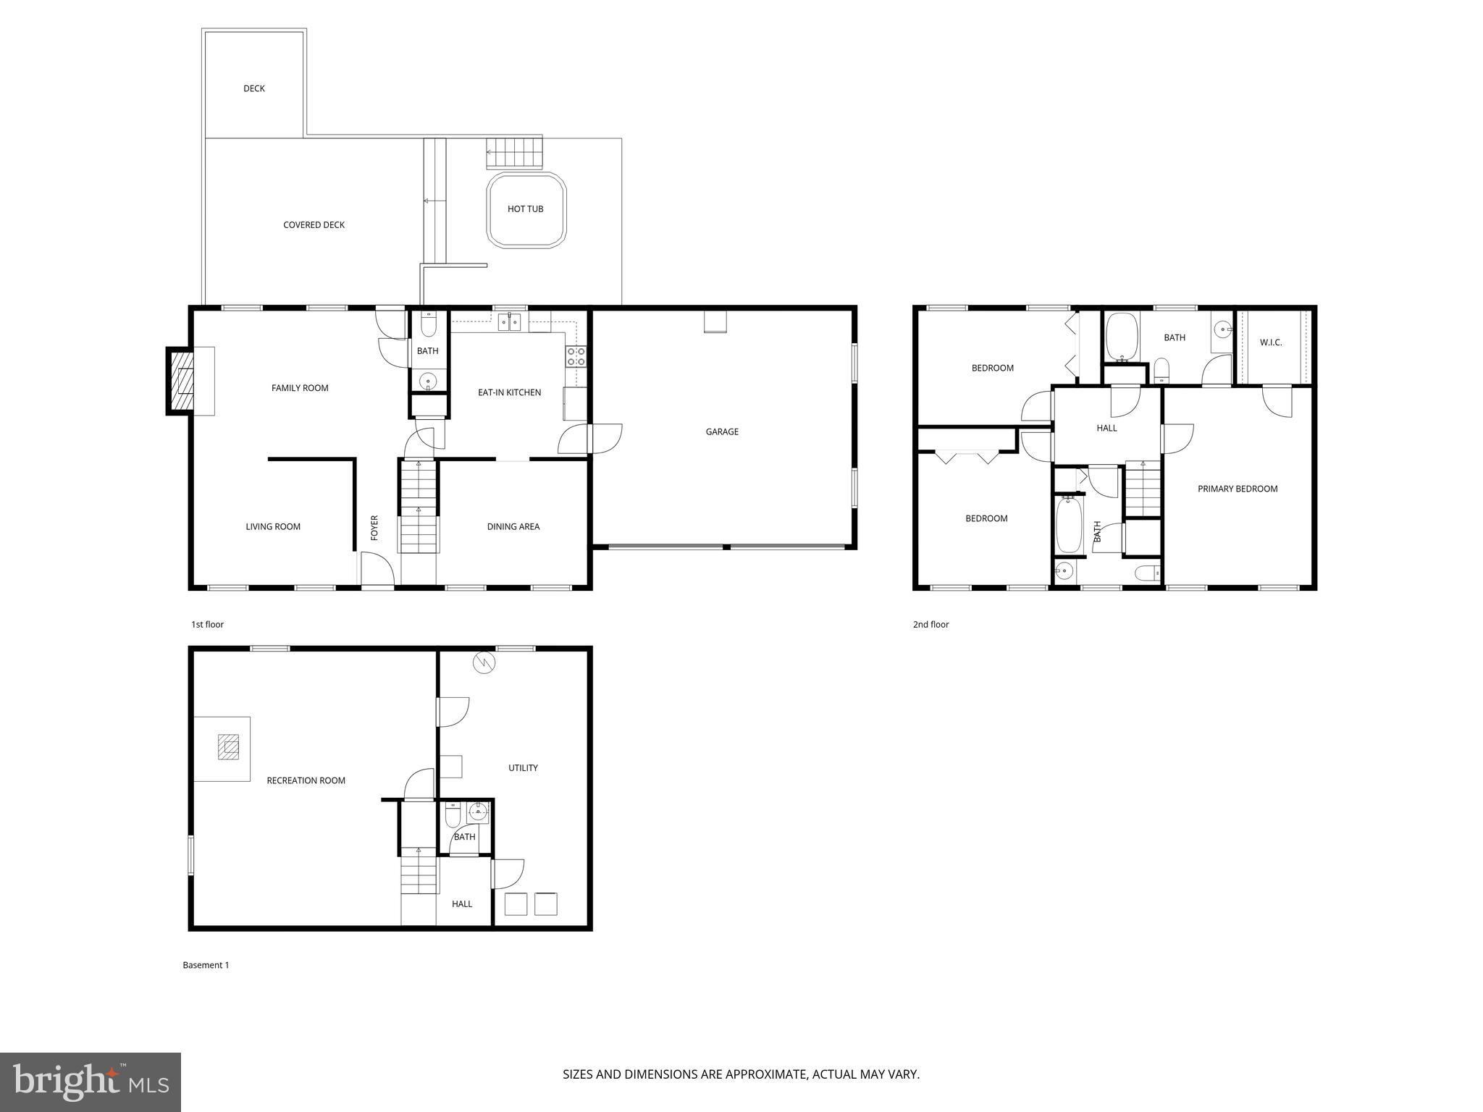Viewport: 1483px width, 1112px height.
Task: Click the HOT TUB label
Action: (x=525, y=209)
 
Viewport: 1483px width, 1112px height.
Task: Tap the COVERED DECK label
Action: (x=314, y=225)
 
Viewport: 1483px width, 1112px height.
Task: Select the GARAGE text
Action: (x=722, y=432)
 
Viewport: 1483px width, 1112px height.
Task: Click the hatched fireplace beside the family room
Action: (x=182, y=382)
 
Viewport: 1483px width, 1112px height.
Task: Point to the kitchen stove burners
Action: (x=576, y=356)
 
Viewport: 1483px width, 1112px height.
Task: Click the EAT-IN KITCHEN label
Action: (x=509, y=392)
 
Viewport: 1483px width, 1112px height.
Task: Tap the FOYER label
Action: (x=374, y=528)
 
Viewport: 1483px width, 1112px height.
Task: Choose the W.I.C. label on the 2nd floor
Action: (x=1271, y=342)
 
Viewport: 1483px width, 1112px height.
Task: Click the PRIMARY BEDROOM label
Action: (x=1238, y=489)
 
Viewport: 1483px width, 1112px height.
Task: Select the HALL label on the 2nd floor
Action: (x=1106, y=429)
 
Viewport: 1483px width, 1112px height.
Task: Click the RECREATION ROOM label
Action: (x=306, y=780)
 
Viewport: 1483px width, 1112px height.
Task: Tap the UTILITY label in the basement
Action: (x=523, y=768)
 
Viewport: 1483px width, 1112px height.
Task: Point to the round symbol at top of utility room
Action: (x=483, y=662)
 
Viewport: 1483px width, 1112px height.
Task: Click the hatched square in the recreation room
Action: (x=229, y=746)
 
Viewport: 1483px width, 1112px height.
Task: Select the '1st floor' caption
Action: (x=207, y=625)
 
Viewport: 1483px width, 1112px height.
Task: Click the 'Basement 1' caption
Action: (x=206, y=965)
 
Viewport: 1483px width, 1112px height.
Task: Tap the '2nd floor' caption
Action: (x=930, y=625)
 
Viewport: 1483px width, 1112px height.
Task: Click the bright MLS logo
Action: (x=91, y=1082)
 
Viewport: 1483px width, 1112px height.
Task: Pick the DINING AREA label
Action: (x=513, y=527)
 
